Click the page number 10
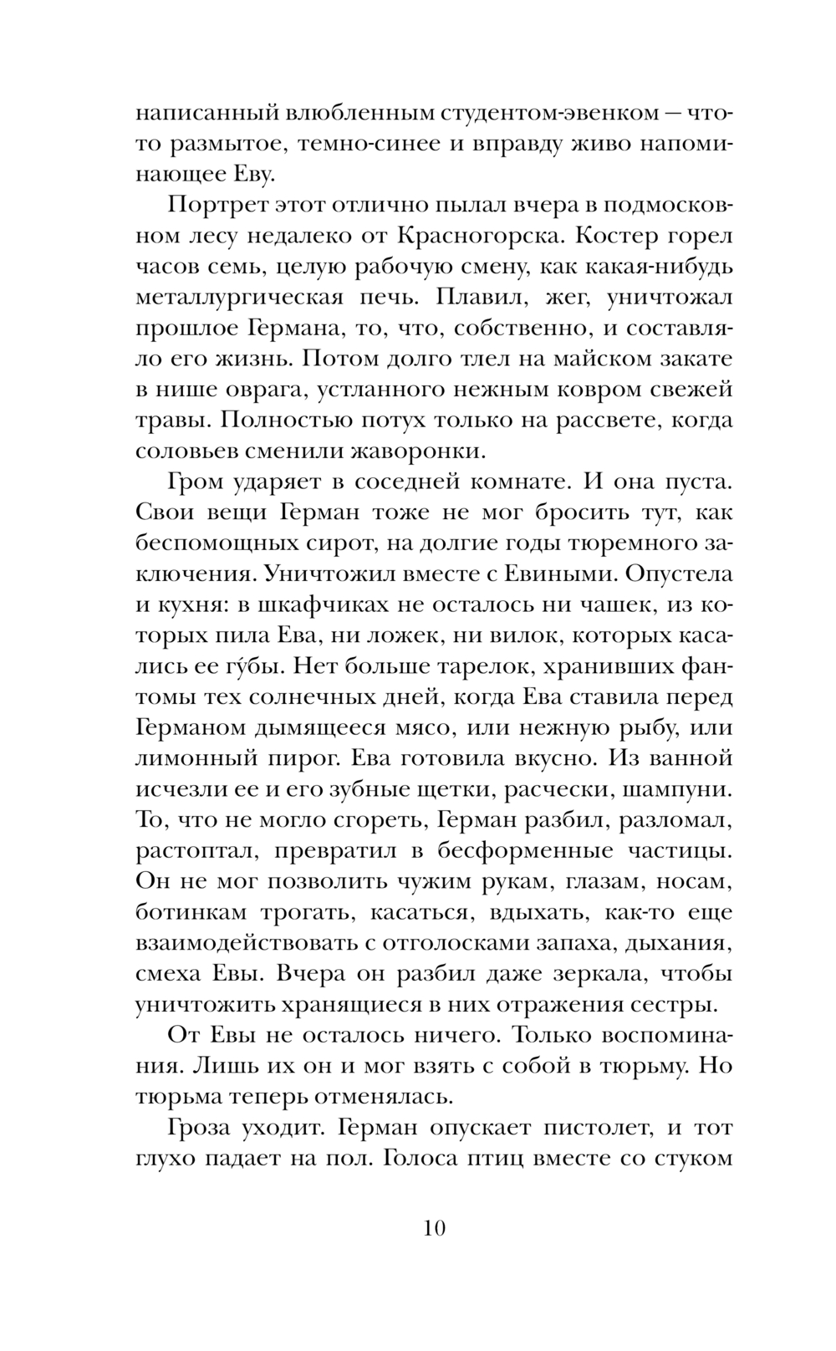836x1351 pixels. (x=436, y=1228)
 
